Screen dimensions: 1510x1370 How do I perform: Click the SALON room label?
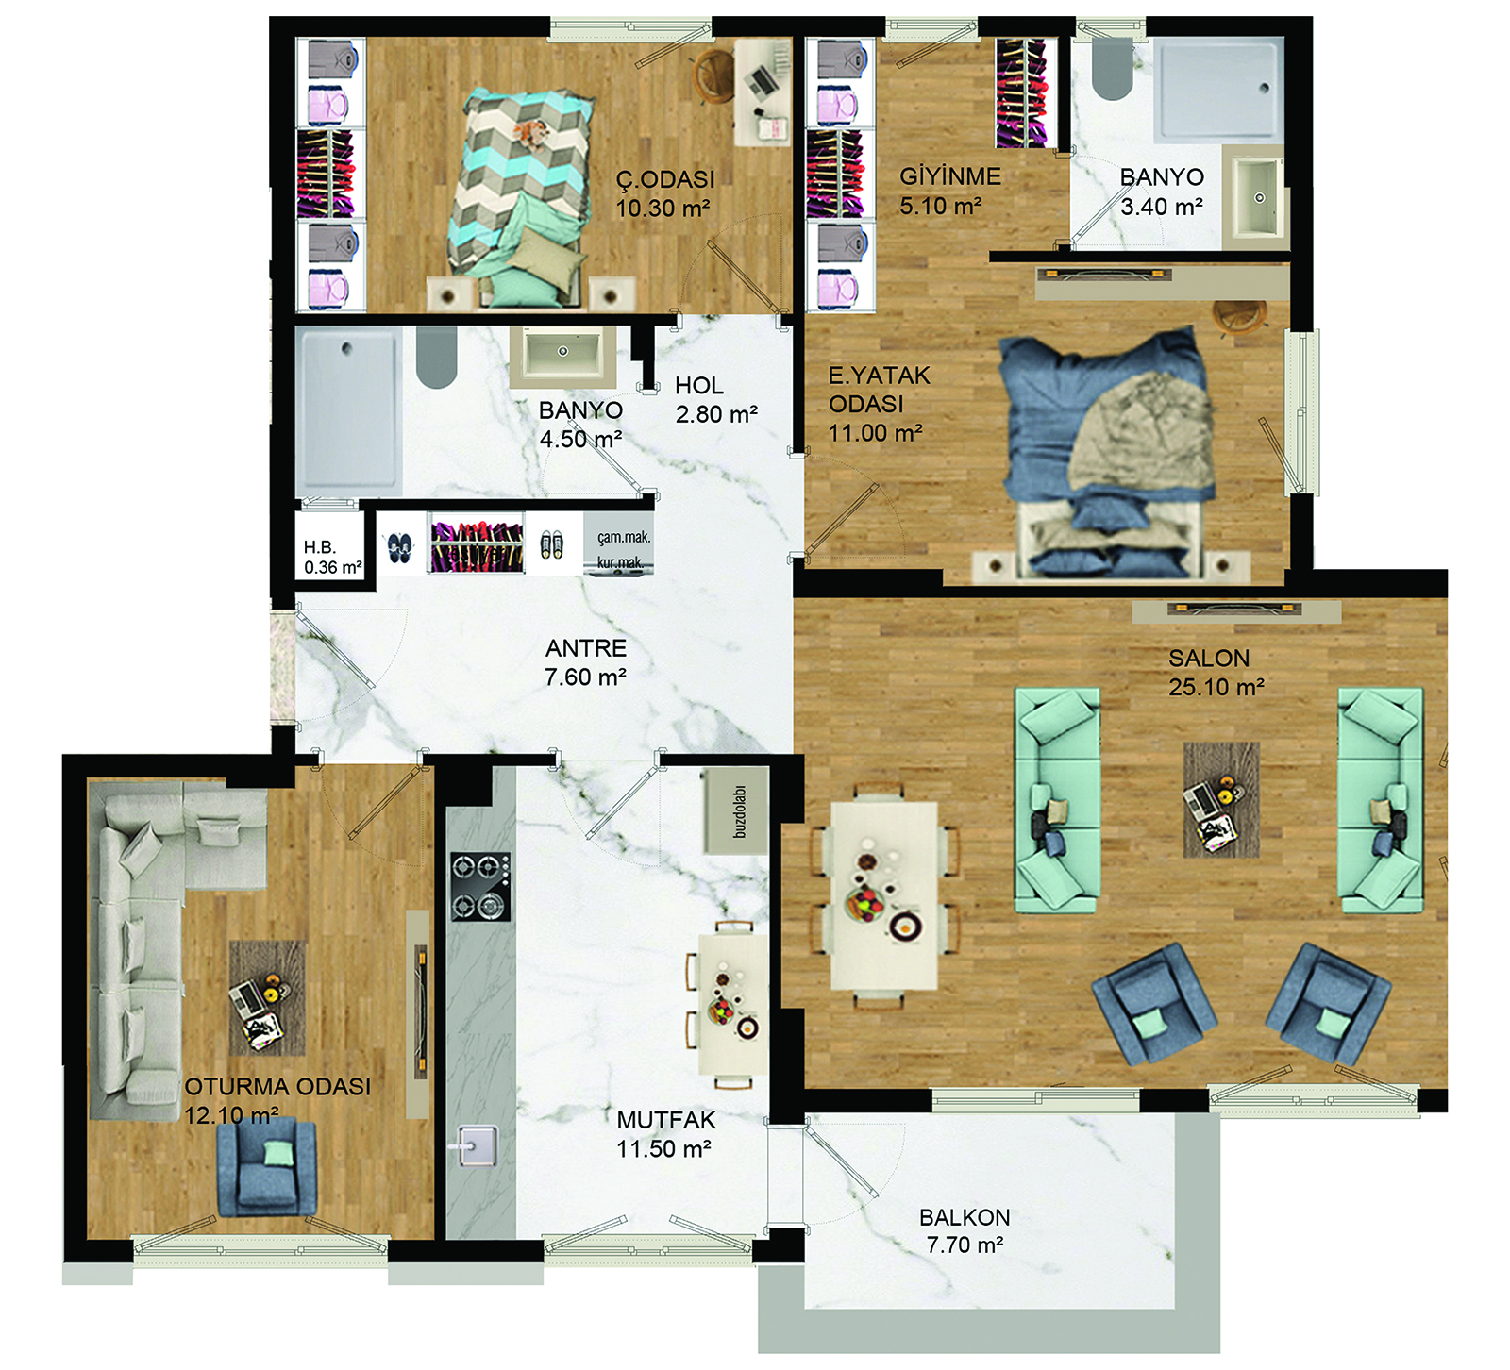click(x=1209, y=659)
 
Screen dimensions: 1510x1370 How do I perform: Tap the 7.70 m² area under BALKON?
click(x=965, y=1245)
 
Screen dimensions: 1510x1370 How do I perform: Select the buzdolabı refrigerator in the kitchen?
click(x=736, y=811)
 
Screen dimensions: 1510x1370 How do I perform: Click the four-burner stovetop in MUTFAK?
click(x=480, y=887)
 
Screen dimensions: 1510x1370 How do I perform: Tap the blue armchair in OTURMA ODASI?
click(x=266, y=1168)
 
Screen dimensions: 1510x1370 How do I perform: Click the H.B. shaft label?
click(x=320, y=547)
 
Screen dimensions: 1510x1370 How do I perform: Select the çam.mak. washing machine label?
click(x=624, y=538)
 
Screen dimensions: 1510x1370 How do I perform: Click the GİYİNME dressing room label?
click(x=950, y=176)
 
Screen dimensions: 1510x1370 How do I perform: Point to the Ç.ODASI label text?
click(x=665, y=179)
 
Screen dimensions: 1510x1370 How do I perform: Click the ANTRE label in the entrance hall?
click(x=586, y=648)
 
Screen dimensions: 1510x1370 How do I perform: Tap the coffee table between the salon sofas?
click(x=1221, y=799)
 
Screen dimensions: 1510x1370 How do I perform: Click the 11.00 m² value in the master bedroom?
click(x=875, y=434)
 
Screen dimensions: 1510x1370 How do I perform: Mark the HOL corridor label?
click(x=699, y=386)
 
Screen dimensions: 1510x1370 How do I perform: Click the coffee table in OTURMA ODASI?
click(x=268, y=997)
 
